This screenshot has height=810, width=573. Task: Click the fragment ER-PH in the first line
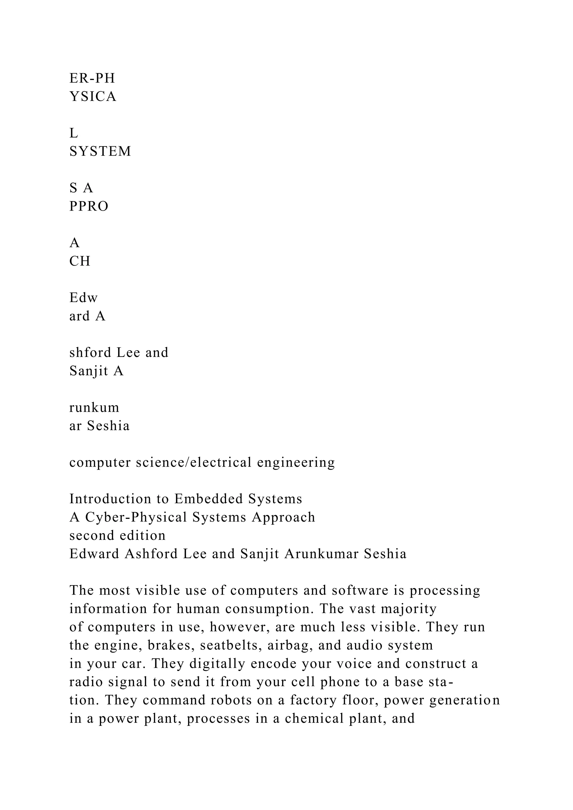[92, 78]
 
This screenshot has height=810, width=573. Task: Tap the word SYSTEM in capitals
[100, 151]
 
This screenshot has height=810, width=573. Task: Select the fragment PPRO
[89, 206]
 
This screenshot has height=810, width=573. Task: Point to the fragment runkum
[94, 408]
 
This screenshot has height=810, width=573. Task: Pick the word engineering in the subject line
[296, 463]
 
